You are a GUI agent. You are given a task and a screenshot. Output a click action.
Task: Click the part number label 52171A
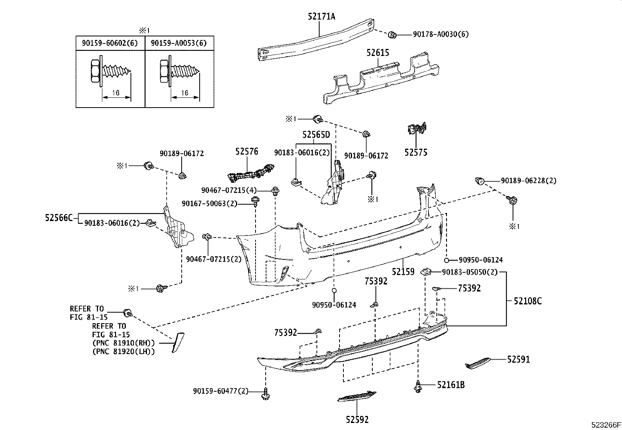point(322,16)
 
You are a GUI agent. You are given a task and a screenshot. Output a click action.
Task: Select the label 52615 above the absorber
point(378,52)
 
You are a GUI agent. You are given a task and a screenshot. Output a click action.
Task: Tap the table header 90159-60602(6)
point(110,43)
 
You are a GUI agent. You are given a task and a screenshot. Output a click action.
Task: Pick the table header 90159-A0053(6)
point(179,43)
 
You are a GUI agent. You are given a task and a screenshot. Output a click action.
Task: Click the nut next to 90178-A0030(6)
point(393,35)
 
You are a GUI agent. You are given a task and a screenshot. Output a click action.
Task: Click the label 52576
point(247,151)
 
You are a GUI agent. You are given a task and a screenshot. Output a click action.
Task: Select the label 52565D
point(316,135)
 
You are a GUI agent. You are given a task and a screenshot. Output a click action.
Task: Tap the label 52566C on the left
point(59,218)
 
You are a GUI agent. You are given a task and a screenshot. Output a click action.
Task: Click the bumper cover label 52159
point(403,271)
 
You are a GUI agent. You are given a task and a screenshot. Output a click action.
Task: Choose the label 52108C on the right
point(527,301)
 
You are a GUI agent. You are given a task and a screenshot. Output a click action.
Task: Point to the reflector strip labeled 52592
point(357,396)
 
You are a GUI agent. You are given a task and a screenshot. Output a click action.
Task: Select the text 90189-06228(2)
point(529,181)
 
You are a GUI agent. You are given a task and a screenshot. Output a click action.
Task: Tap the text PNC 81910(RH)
point(123,343)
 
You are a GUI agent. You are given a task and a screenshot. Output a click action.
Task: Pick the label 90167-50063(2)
point(209,203)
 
